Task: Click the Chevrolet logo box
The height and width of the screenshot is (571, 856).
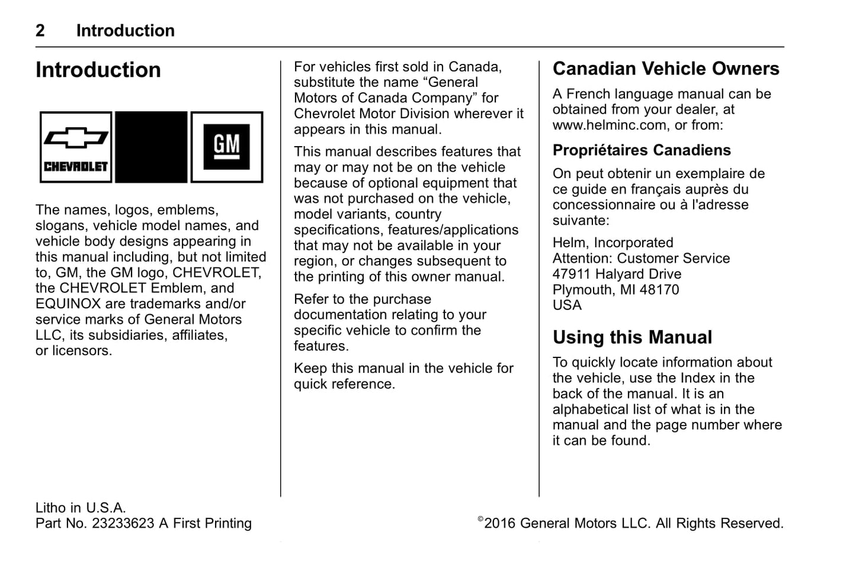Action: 76,147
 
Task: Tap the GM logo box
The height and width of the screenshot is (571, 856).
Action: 227,147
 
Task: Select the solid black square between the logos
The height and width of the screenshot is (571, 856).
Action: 151,147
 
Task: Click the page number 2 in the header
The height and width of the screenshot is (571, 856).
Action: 40,31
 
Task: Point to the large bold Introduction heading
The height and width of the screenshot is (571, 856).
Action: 98,70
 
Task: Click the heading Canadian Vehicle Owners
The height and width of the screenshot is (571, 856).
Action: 666,69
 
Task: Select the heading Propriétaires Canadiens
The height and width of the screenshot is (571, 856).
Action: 642,150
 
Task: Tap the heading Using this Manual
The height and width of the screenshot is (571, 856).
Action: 632,337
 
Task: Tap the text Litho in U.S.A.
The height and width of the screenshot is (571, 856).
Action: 81,508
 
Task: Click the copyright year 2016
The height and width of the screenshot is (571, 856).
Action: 500,524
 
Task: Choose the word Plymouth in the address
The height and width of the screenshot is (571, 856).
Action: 582,290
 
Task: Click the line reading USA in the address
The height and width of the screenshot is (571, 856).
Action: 567,305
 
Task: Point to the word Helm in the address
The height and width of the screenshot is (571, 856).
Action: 569,243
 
